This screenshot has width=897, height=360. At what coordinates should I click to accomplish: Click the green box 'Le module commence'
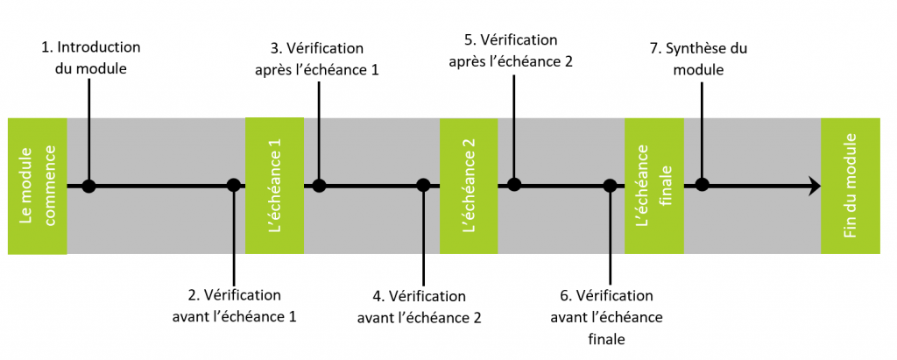(x=37, y=186)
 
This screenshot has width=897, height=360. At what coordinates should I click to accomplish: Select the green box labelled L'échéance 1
(x=274, y=185)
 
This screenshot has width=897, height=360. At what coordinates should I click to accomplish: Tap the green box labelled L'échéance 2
(x=469, y=185)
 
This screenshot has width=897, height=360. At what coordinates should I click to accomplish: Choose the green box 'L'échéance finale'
(x=653, y=185)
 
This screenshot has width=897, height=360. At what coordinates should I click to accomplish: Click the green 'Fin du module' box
(x=851, y=185)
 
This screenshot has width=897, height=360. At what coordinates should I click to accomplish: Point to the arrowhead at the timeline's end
(x=815, y=186)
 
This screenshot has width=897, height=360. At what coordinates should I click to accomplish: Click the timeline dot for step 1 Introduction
(x=88, y=186)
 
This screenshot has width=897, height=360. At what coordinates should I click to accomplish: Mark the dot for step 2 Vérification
(x=233, y=185)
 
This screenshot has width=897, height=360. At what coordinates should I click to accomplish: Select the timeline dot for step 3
(x=320, y=185)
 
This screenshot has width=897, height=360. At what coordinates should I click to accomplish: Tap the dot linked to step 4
(x=423, y=185)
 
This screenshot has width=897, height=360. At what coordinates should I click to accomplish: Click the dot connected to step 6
(x=610, y=185)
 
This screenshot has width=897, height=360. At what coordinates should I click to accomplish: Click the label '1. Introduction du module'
(x=90, y=56)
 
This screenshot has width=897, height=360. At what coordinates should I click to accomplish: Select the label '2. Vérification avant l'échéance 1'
(x=233, y=304)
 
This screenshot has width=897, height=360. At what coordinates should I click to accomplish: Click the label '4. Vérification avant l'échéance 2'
(x=419, y=306)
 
